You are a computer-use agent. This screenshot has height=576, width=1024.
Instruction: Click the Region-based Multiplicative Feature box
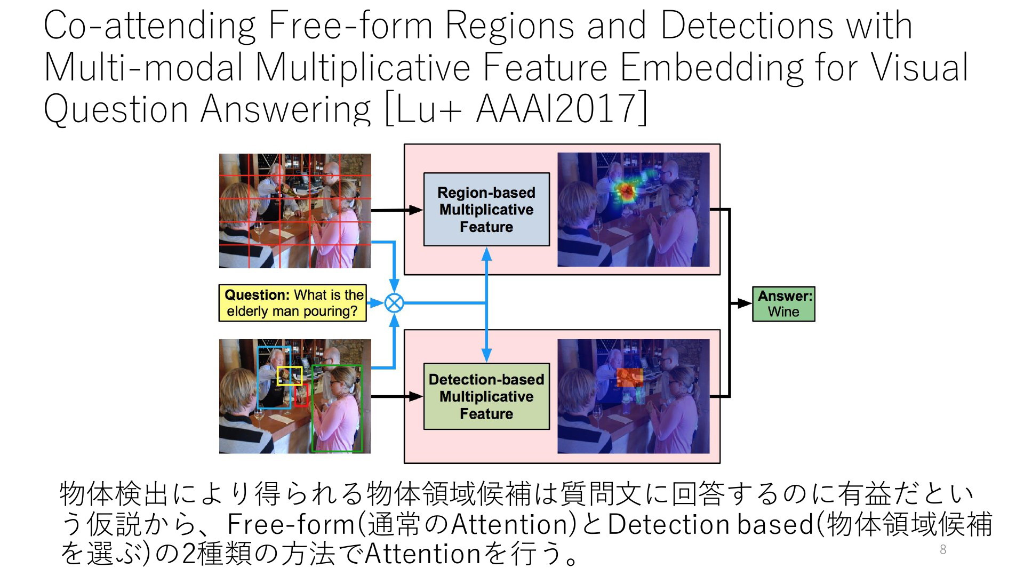coord(486,209)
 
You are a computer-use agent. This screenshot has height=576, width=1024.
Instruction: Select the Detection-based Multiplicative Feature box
coord(486,396)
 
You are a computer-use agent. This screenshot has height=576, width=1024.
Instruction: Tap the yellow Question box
coord(293,303)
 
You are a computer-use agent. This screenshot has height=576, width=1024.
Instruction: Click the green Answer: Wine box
coord(783,304)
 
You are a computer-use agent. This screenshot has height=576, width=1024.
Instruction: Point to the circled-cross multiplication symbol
coord(394,303)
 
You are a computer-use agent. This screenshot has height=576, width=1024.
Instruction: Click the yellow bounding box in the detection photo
coord(290,376)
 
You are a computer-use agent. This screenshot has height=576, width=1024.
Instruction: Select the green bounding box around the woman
coord(337,409)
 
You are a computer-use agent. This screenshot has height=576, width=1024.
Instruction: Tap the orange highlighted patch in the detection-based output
coord(629,378)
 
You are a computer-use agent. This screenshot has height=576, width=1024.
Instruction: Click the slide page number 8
coord(943,550)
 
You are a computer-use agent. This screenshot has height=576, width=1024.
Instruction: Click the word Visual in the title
coord(919,67)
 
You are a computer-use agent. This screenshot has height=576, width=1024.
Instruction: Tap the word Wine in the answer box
coord(783,312)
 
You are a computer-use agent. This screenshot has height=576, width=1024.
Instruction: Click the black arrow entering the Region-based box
coord(397,210)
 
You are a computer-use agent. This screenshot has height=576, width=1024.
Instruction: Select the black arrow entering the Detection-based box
coord(397,396)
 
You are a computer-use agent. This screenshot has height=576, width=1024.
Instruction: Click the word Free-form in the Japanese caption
coord(291,524)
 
